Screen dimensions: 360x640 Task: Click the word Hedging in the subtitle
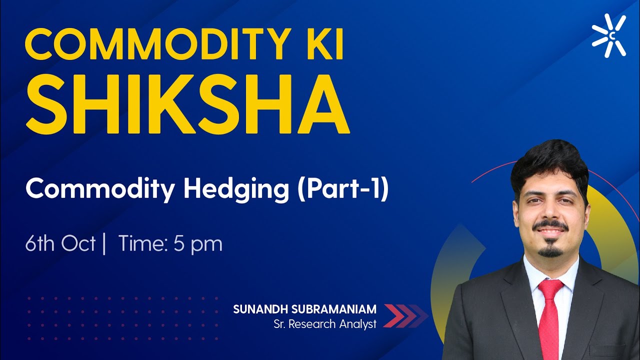[237, 190]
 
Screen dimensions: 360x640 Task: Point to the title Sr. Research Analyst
[325, 324]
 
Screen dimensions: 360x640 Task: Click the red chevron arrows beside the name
[405, 315]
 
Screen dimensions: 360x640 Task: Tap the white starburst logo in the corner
[608, 35]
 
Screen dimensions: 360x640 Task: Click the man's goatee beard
[550, 250]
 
